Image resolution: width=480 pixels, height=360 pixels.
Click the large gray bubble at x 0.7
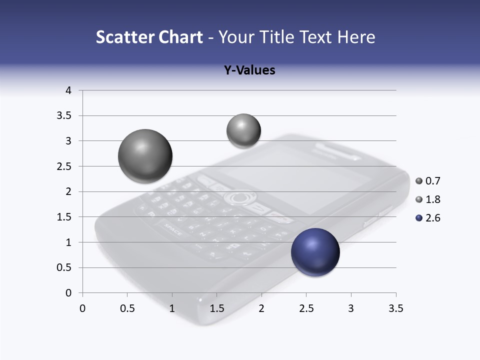coord(145,156)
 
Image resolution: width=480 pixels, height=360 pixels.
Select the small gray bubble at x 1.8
coord(243,131)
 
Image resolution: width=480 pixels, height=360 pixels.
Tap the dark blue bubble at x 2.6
coord(315,252)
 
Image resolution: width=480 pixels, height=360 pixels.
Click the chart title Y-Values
coord(249,70)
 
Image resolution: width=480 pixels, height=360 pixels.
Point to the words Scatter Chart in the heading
coord(149,37)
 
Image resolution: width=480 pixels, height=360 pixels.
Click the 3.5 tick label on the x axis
coord(395,308)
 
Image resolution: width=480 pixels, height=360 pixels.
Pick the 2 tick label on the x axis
coord(261,308)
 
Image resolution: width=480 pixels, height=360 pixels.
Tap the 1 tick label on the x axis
coord(172,308)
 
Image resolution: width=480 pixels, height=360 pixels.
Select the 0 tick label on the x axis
coord(83,308)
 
